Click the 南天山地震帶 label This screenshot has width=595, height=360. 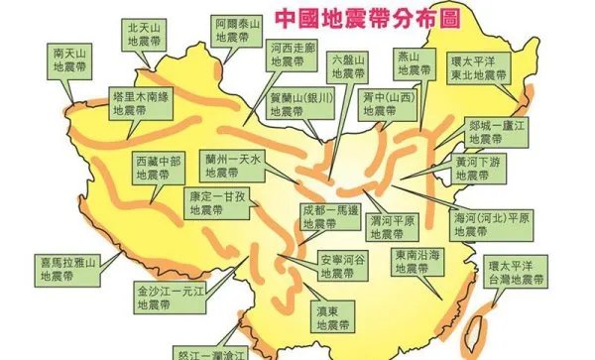(72, 60)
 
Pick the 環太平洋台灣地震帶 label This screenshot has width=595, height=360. (517, 274)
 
